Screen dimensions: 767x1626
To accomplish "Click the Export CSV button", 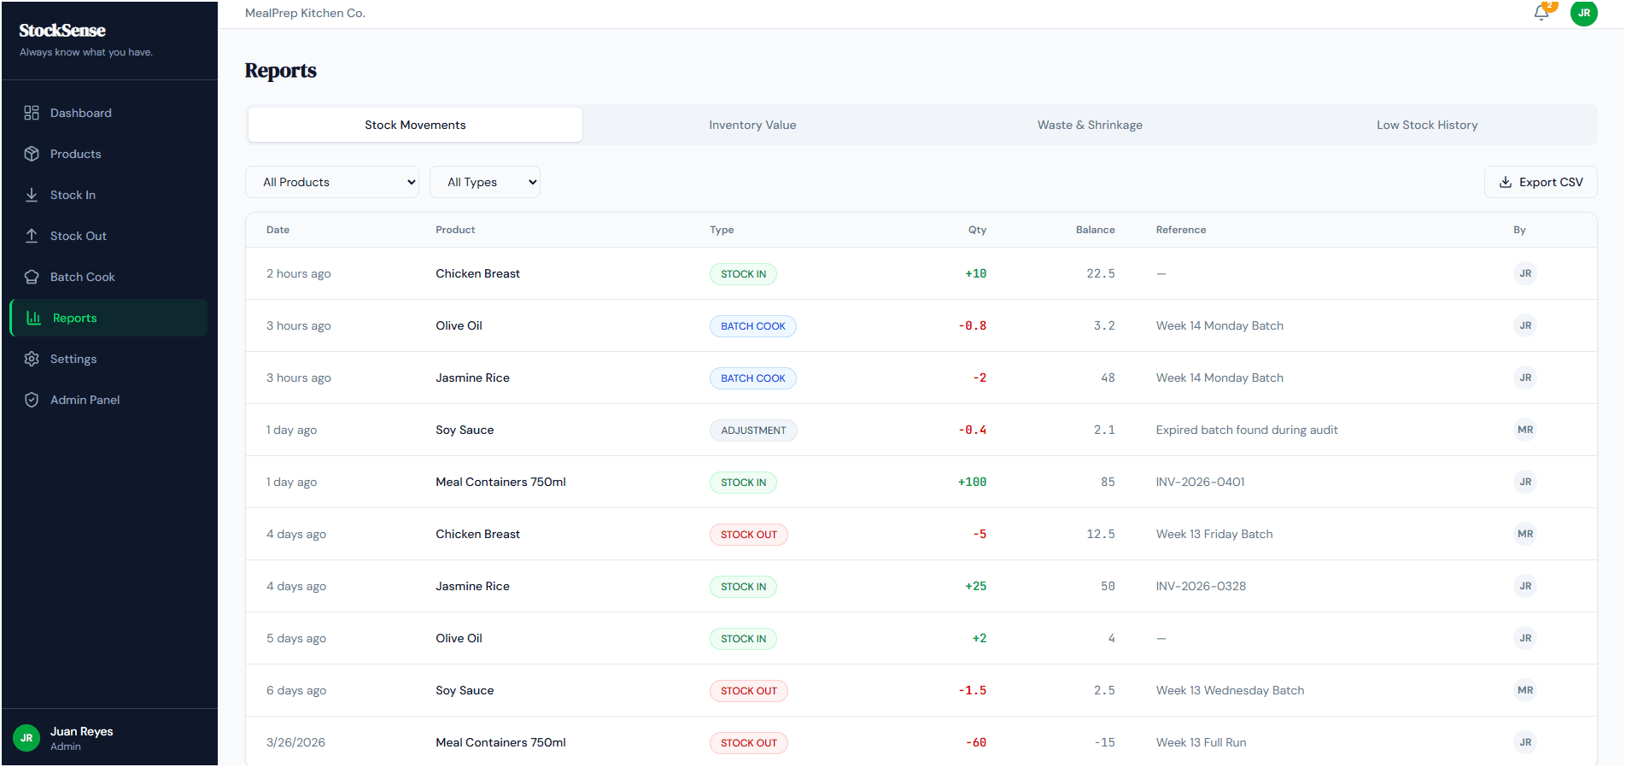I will pos(1541,182).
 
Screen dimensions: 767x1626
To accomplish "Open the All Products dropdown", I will pos(331,182).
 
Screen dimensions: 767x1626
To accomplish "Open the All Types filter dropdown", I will pos(484,182).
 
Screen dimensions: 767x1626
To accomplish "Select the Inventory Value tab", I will pos(752,125).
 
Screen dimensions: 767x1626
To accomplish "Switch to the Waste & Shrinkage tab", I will pos(1090,125).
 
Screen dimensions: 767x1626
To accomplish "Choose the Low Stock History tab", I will pos(1427,125).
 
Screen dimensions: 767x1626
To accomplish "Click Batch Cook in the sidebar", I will pos(82,277).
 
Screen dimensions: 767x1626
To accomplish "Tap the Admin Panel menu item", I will pos(85,400).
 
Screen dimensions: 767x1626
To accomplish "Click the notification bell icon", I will pos(1541,13).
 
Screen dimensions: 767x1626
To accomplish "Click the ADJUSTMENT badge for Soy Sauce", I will pos(753,430).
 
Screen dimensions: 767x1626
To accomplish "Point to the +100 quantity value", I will pos(972,483).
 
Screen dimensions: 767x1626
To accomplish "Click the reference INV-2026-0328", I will pos(1201,586).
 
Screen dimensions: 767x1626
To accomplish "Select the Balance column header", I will pos(1095,230).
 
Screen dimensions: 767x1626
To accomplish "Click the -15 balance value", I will pos(1105,742).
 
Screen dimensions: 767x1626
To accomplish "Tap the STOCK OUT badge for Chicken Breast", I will pos(748,535).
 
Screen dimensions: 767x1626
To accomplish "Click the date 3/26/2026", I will pos(295,742).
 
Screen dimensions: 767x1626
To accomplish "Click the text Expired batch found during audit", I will pos(1247,430).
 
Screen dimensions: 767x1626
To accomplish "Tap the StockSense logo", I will pos(62,31).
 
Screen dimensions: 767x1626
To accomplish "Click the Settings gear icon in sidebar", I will pos(32,359).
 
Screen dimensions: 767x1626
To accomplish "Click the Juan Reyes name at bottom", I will pos(81,731).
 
